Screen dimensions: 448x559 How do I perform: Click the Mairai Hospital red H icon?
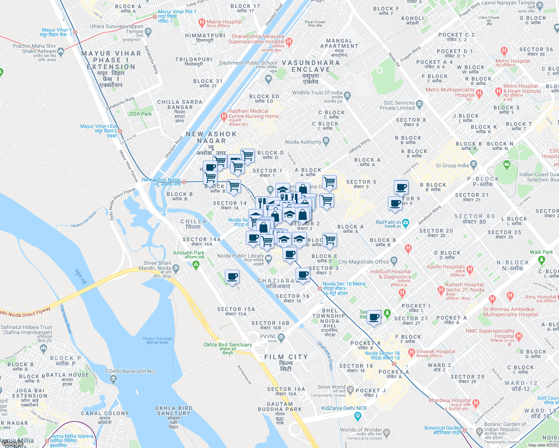click(x=202, y=22)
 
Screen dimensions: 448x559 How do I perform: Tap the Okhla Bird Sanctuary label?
click(x=228, y=345)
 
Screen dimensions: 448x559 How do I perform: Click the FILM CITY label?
click(x=286, y=357)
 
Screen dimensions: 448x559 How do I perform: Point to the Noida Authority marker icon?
click(x=326, y=141)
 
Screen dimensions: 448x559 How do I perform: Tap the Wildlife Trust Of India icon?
click(x=347, y=95)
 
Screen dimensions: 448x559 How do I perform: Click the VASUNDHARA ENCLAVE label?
click(x=311, y=66)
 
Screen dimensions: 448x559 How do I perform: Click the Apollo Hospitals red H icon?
click(x=470, y=269)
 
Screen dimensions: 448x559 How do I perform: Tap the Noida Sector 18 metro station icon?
click(x=394, y=363)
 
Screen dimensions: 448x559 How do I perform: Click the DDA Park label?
click(x=140, y=114)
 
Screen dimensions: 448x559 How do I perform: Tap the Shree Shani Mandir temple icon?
click(x=176, y=268)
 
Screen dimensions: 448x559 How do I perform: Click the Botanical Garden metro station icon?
click(x=464, y=430)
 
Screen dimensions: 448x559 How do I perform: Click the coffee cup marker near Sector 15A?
click(x=232, y=277)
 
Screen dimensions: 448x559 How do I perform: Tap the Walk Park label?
click(x=541, y=252)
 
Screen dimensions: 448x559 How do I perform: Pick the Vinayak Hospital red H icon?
click(x=411, y=352)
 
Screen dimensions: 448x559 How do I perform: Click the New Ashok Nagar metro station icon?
click(x=184, y=182)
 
